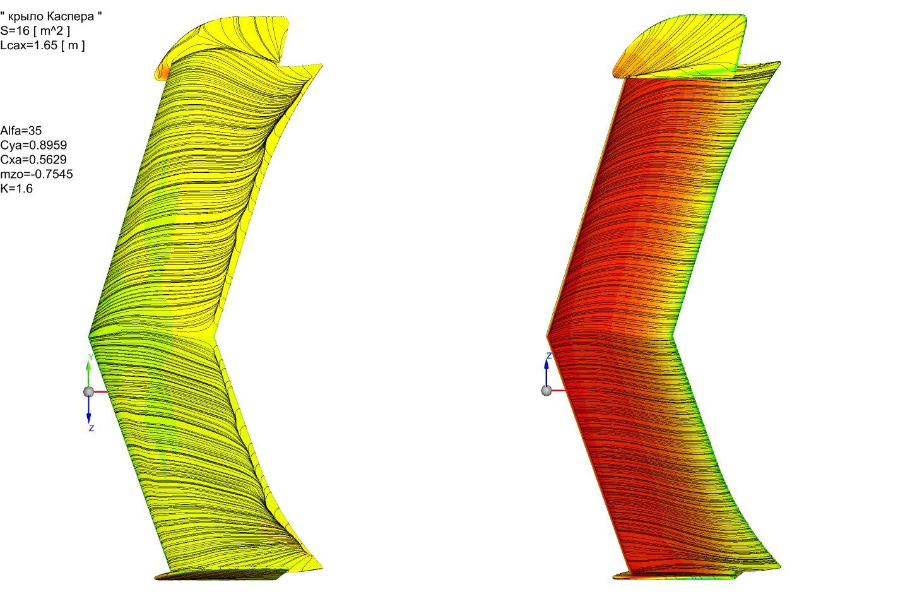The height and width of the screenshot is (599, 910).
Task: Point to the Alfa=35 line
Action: (x=21, y=131)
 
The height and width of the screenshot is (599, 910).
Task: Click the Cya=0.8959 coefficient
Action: (x=33, y=145)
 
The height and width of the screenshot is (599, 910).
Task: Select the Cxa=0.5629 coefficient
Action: (x=33, y=159)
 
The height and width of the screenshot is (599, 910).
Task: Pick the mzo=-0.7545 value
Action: (x=37, y=174)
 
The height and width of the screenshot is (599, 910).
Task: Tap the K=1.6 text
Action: (x=16, y=189)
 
